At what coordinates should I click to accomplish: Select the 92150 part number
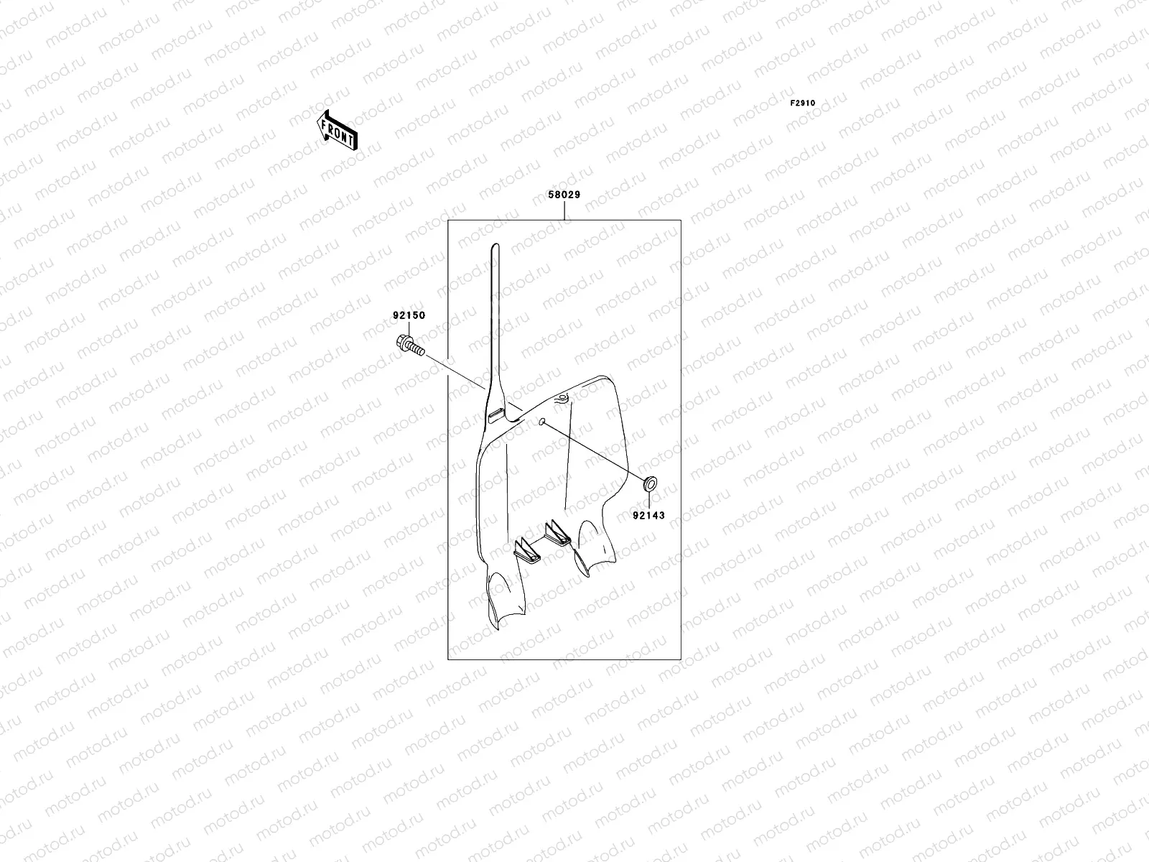(409, 315)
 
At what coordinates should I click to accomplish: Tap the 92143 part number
(649, 515)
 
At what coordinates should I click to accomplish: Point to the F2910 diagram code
(803, 103)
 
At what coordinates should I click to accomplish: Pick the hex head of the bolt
(404, 344)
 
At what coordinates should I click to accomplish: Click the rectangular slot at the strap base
(496, 414)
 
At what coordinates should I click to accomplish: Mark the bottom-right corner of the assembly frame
(680, 659)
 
